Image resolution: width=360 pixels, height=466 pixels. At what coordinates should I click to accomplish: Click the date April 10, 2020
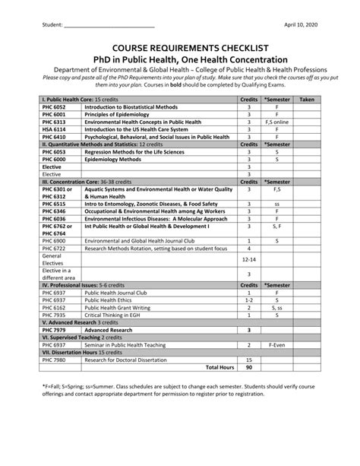click(302, 24)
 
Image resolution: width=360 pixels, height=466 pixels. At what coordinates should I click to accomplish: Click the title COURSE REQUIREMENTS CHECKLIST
click(179, 46)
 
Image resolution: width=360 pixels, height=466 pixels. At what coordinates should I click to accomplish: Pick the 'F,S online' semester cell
click(277, 122)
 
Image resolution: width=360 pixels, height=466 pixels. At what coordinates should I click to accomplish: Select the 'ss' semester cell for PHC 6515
click(277, 204)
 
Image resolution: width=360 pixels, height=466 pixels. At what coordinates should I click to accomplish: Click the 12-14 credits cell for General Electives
click(248, 258)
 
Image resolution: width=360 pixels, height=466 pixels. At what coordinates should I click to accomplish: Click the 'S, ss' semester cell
click(277, 307)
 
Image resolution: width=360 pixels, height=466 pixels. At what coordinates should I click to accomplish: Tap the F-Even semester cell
click(277, 345)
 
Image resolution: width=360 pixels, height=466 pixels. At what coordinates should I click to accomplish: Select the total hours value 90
click(248, 367)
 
